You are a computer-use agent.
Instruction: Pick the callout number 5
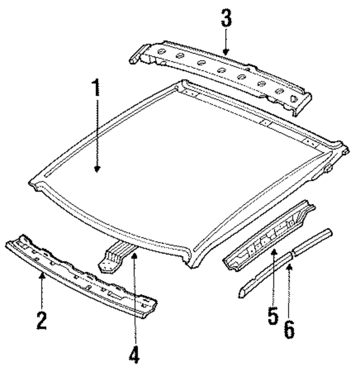click(x=273, y=315)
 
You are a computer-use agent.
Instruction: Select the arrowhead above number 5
click(x=273, y=252)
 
